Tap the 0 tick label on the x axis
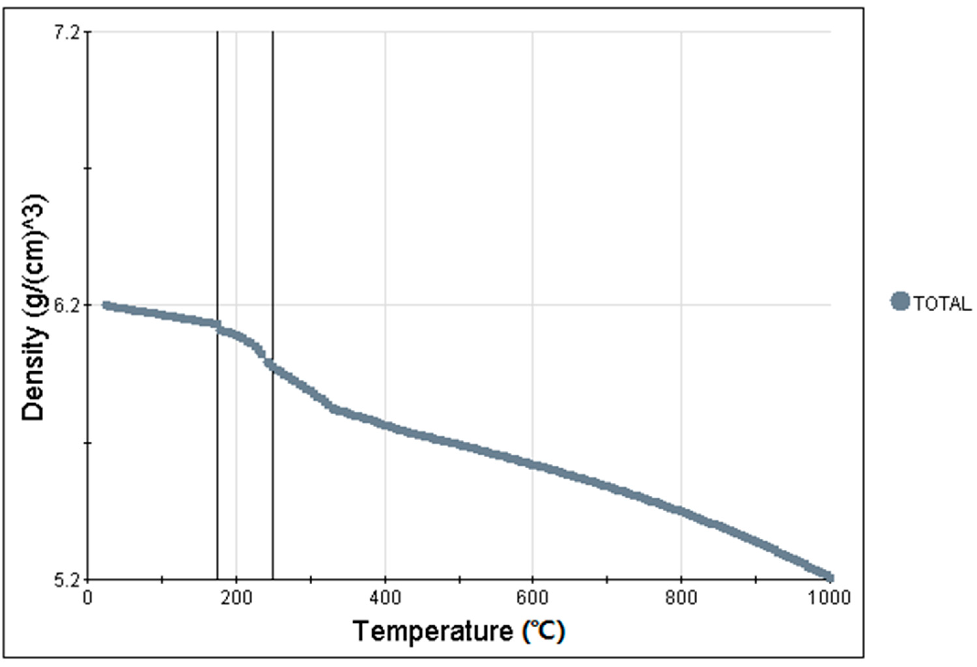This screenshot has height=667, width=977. tap(88, 598)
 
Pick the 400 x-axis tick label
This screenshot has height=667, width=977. tap(385, 598)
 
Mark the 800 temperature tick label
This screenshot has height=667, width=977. tap(681, 598)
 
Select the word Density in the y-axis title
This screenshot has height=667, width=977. tap(34, 389)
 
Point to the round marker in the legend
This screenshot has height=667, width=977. tap(899, 301)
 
